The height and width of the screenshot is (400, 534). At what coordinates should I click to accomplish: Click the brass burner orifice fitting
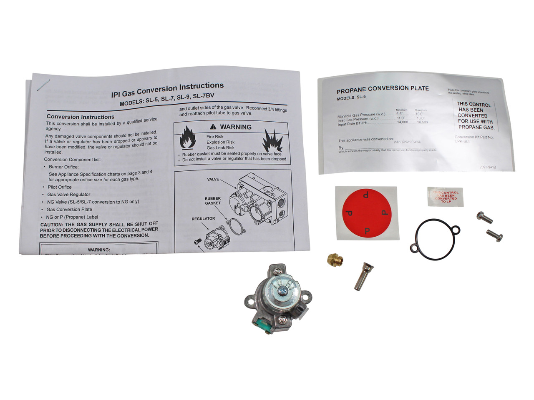click(335, 259)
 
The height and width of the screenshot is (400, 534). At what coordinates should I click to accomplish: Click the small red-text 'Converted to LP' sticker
click(445, 195)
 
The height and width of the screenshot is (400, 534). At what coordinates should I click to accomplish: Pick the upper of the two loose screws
click(484, 217)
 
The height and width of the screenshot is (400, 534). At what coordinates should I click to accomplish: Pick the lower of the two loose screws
click(494, 235)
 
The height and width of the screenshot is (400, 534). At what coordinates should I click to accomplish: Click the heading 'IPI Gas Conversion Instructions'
click(167, 89)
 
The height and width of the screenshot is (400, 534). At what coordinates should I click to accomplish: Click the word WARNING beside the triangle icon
click(236, 127)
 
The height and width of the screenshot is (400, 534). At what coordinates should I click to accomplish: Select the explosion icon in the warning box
click(272, 140)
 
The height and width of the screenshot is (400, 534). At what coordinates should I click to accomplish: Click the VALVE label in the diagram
click(213, 180)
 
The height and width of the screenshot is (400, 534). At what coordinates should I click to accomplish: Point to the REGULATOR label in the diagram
click(203, 218)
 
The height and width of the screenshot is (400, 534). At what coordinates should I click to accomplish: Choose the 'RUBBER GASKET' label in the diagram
click(213, 201)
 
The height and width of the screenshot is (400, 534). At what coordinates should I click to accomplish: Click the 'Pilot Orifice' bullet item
click(59, 187)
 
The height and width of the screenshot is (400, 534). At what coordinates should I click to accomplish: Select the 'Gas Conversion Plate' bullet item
click(69, 209)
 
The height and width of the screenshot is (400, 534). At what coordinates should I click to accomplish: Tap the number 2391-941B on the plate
click(488, 167)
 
